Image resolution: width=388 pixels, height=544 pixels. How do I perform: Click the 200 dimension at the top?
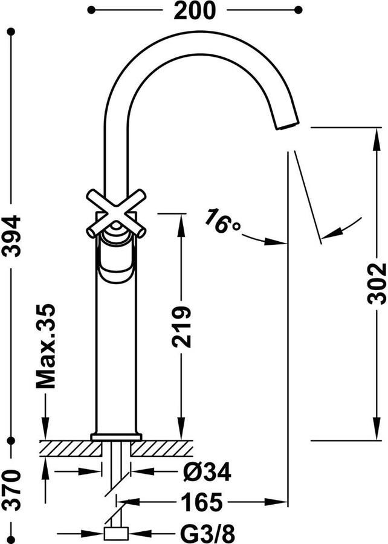194,10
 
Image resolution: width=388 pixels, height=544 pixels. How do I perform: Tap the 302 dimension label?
377,283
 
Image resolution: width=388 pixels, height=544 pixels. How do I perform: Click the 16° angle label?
222,221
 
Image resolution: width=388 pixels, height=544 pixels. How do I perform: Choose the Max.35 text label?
45,346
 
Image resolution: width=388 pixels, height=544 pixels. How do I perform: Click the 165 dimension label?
201,502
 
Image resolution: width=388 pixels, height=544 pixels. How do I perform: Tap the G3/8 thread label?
208,533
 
